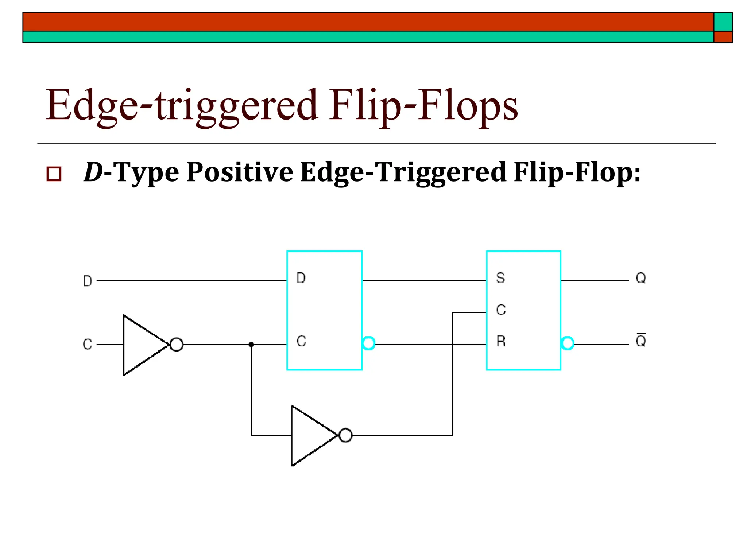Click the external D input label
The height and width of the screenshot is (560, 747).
88,281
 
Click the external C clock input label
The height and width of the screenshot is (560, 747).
88,345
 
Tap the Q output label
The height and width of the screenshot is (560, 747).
640,279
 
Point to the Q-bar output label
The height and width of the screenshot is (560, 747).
640,341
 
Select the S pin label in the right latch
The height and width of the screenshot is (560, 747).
500,279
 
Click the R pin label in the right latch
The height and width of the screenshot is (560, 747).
501,342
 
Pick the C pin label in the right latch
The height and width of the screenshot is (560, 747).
501,310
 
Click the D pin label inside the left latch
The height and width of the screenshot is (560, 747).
301,279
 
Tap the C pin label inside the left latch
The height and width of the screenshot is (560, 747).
301,342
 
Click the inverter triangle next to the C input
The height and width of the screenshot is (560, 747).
140,345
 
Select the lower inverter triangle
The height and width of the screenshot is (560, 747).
309,436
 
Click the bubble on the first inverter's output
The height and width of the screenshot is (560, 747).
177,345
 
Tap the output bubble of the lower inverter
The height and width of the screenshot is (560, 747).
345,435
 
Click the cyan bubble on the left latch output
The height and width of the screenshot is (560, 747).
368,343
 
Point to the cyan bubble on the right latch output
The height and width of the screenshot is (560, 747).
568,343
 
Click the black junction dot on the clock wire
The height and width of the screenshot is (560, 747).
251,345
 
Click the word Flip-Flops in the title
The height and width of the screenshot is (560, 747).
423,106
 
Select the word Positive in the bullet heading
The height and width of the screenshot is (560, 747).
240,172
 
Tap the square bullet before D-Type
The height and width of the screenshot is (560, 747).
54,174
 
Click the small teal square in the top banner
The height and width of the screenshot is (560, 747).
723,22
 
